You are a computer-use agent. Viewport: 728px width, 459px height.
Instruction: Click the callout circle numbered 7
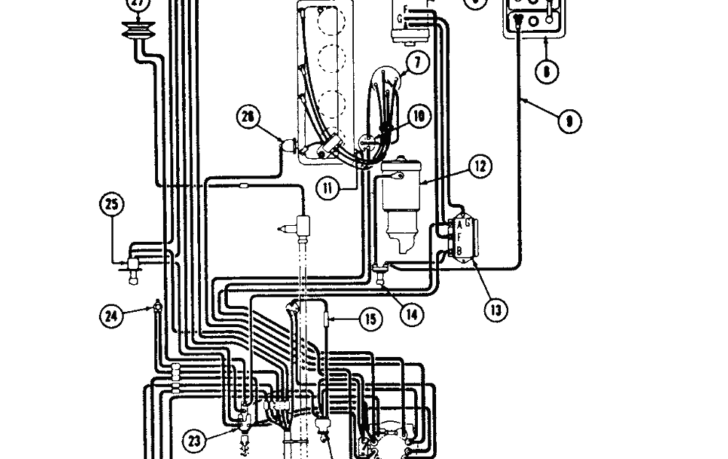pyautogui.click(x=418, y=63)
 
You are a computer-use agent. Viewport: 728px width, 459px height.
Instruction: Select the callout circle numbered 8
pyautogui.click(x=546, y=71)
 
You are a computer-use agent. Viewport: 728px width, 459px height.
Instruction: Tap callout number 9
pyautogui.click(x=569, y=120)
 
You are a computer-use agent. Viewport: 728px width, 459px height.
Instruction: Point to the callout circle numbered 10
pyautogui.click(x=419, y=116)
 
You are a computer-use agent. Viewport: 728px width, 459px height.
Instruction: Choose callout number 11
pyautogui.click(x=329, y=188)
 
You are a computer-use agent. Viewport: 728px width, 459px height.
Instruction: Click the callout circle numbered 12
pyautogui.click(x=480, y=167)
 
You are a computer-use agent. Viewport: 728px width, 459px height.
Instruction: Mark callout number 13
pyautogui.click(x=496, y=310)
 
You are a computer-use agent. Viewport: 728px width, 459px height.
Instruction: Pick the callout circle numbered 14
pyautogui.click(x=411, y=314)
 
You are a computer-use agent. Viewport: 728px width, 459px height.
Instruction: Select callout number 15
pyautogui.click(x=371, y=318)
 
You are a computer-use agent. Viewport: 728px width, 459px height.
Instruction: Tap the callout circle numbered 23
pyautogui.click(x=193, y=439)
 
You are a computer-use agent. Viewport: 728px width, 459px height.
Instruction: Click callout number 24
pyautogui.click(x=111, y=315)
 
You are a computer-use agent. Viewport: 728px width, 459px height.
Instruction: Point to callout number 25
pyautogui.click(x=111, y=206)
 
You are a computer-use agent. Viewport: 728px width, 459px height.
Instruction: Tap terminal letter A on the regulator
pyautogui.click(x=459, y=225)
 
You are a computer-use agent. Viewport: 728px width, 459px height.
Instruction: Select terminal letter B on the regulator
pyautogui.click(x=459, y=252)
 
